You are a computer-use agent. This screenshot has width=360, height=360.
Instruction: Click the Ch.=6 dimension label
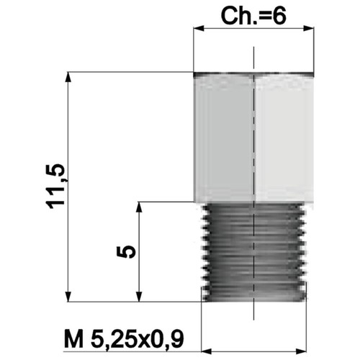253,16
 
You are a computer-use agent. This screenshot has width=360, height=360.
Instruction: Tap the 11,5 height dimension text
55,186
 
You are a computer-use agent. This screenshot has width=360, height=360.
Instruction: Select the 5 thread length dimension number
126,252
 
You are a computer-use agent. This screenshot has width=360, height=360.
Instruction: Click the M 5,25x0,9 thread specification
124,339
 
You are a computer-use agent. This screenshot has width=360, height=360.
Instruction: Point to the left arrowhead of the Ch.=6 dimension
199,28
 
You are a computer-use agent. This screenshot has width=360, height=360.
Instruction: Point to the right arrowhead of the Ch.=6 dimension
309,28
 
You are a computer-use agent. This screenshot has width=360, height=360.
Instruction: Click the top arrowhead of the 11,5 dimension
68,77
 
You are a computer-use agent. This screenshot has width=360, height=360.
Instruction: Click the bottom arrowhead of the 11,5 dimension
68,296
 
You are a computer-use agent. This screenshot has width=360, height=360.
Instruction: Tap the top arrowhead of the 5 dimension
139,207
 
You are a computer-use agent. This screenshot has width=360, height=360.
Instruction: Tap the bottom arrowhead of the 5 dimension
139,296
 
